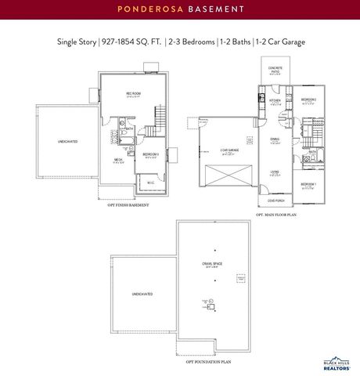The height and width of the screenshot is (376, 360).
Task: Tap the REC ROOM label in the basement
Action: (x=133, y=94)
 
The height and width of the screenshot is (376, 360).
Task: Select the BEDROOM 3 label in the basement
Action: (x=151, y=154)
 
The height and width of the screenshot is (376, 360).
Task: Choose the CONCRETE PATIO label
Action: (x=275, y=70)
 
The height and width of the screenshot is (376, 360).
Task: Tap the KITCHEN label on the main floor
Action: (x=275, y=101)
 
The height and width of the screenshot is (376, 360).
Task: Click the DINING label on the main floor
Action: (x=275, y=139)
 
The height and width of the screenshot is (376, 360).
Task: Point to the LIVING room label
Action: (x=275, y=172)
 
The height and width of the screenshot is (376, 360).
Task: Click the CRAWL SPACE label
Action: (x=212, y=264)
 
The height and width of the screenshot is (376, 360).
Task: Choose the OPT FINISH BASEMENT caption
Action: (x=128, y=205)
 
